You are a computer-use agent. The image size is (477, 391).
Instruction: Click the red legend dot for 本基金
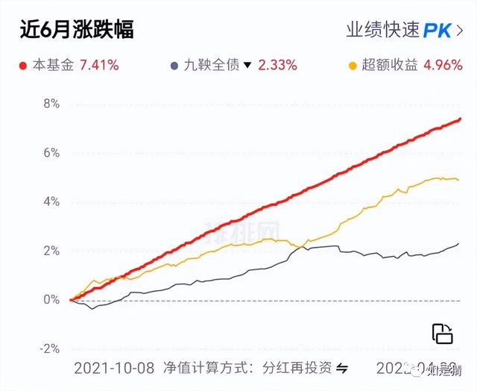[x=23, y=66]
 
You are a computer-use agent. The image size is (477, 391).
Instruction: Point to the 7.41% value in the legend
[x=94, y=66]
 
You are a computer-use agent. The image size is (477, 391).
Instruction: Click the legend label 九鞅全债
[x=212, y=66]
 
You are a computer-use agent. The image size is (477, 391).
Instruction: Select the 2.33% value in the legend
[x=277, y=66]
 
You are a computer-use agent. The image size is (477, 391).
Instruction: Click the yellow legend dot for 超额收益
[x=354, y=66]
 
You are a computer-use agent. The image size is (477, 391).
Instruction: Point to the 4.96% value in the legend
[x=443, y=66]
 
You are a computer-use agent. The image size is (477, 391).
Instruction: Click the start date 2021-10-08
[x=114, y=369]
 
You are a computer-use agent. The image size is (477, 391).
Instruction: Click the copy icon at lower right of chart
[x=443, y=334]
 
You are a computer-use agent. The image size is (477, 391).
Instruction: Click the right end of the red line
[x=460, y=119]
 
